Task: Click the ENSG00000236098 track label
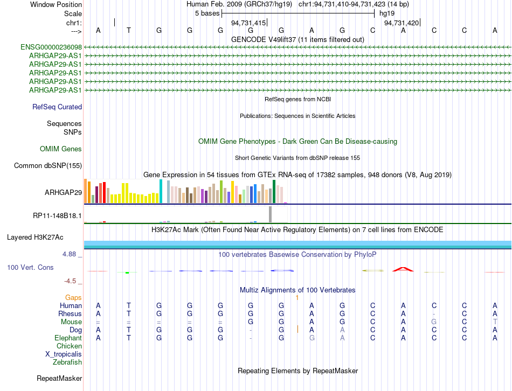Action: tap(51, 47)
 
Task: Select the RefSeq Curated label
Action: tap(57, 107)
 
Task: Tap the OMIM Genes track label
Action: tap(61, 149)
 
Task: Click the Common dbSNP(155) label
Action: tap(48, 165)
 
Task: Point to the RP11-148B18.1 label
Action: tap(57, 215)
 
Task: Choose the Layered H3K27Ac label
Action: tap(35, 238)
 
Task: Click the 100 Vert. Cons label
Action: tap(30, 267)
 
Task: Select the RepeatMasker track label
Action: tap(59, 378)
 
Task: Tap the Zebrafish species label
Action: tap(67, 362)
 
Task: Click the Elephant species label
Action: tap(68, 338)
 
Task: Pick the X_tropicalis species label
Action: tap(64, 354)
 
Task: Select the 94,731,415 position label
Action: tap(248, 23)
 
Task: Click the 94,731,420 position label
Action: tap(402, 23)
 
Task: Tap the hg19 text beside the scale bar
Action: tap(387, 13)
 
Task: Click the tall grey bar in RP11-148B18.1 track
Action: tap(271, 214)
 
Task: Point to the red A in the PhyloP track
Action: tap(403, 269)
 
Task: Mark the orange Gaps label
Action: tap(73, 297)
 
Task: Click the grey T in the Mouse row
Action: tap(495, 322)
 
